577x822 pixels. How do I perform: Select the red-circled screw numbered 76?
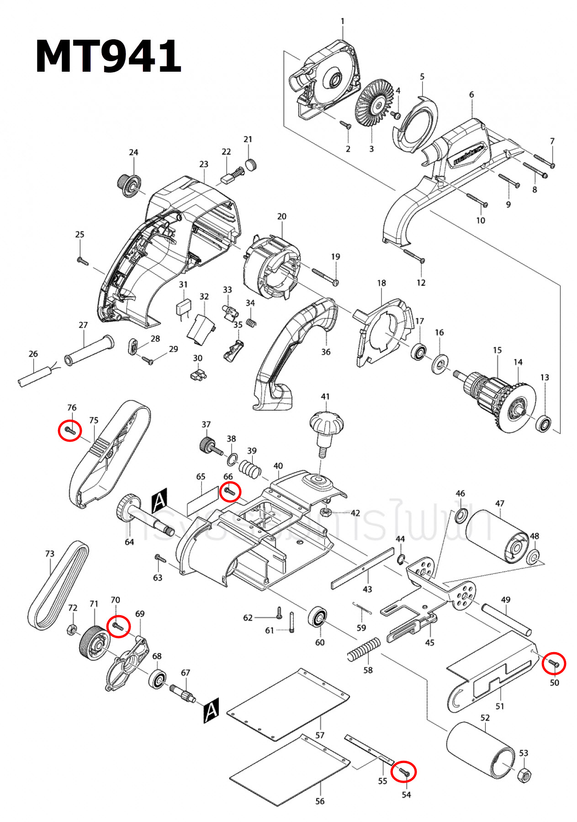pos(70,430)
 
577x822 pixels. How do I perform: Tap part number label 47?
pos(500,504)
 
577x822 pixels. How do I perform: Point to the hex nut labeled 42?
pos(326,512)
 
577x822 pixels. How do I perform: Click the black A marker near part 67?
pos(211,710)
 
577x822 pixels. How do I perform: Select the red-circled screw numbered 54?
pos(404,772)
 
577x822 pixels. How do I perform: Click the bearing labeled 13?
pos(544,423)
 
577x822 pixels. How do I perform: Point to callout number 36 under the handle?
pos(326,352)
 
